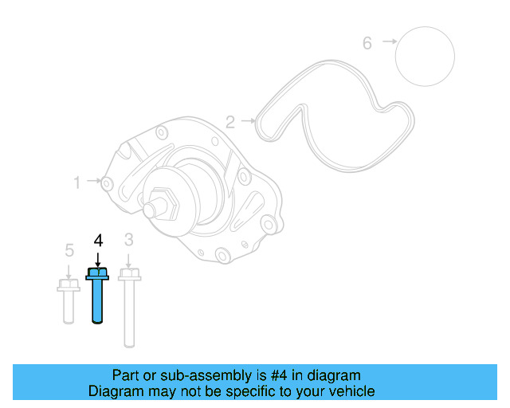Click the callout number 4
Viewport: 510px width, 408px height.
[x=98, y=240]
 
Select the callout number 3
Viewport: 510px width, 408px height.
[x=129, y=239]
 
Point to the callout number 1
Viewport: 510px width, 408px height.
[x=77, y=182]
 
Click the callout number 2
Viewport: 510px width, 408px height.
[x=229, y=122]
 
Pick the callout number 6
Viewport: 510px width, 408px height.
[x=367, y=43]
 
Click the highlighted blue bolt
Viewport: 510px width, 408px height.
[x=98, y=299]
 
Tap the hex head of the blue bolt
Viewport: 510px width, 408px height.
[x=97, y=274]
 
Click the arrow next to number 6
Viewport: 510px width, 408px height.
[x=389, y=41]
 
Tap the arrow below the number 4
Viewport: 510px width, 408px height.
[x=98, y=260]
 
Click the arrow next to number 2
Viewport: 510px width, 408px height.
[x=249, y=122]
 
